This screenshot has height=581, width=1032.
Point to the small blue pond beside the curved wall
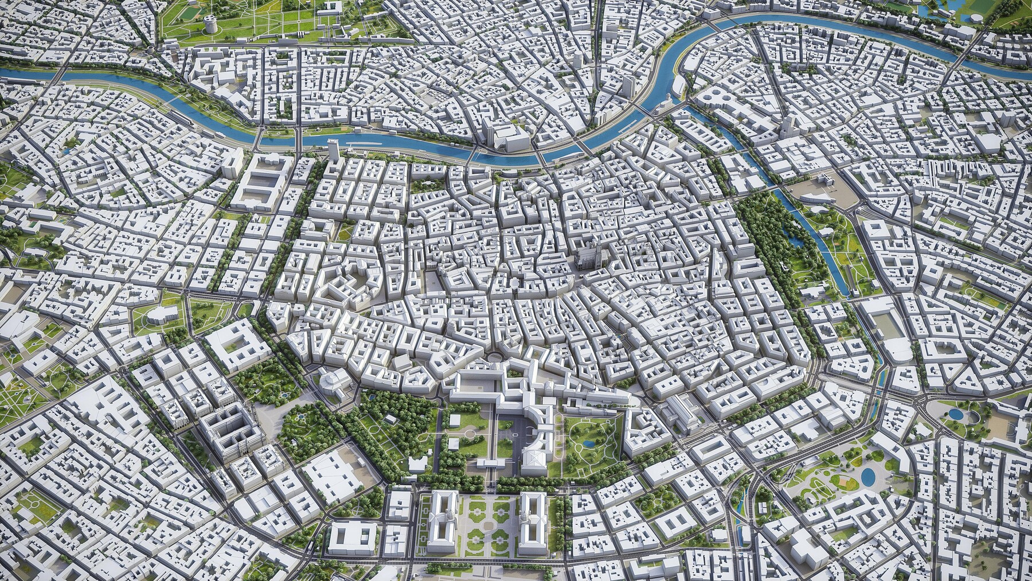point(956,414)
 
